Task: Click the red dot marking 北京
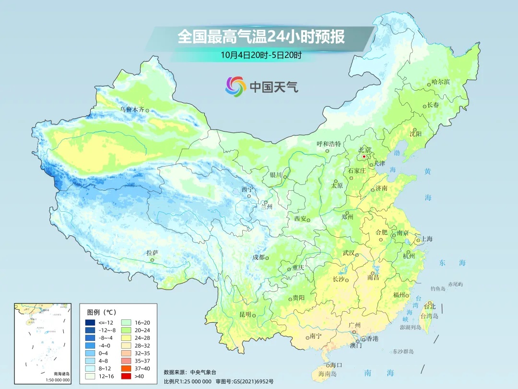click(x=364, y=157)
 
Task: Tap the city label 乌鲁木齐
click(x=132, y=109)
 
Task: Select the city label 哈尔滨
click(x=440, y=82)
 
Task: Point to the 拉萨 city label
click(x=152, y=253)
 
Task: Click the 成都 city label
click(x=259, y=257)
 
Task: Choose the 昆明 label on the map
click(x=245, y=314)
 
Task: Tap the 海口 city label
click(x=336, y=365)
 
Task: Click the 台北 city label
click(x=430, y=306)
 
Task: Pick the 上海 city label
click(x=426, y=239)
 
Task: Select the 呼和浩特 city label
click(x=329, y=144)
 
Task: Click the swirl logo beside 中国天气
click(x=235, y=86)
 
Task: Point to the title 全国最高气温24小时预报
click(x=261, y=37)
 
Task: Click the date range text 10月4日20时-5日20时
click(x=261, y=55)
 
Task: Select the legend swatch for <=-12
click(x=91, y=322)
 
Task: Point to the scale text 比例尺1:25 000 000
click(x=187, y=381)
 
